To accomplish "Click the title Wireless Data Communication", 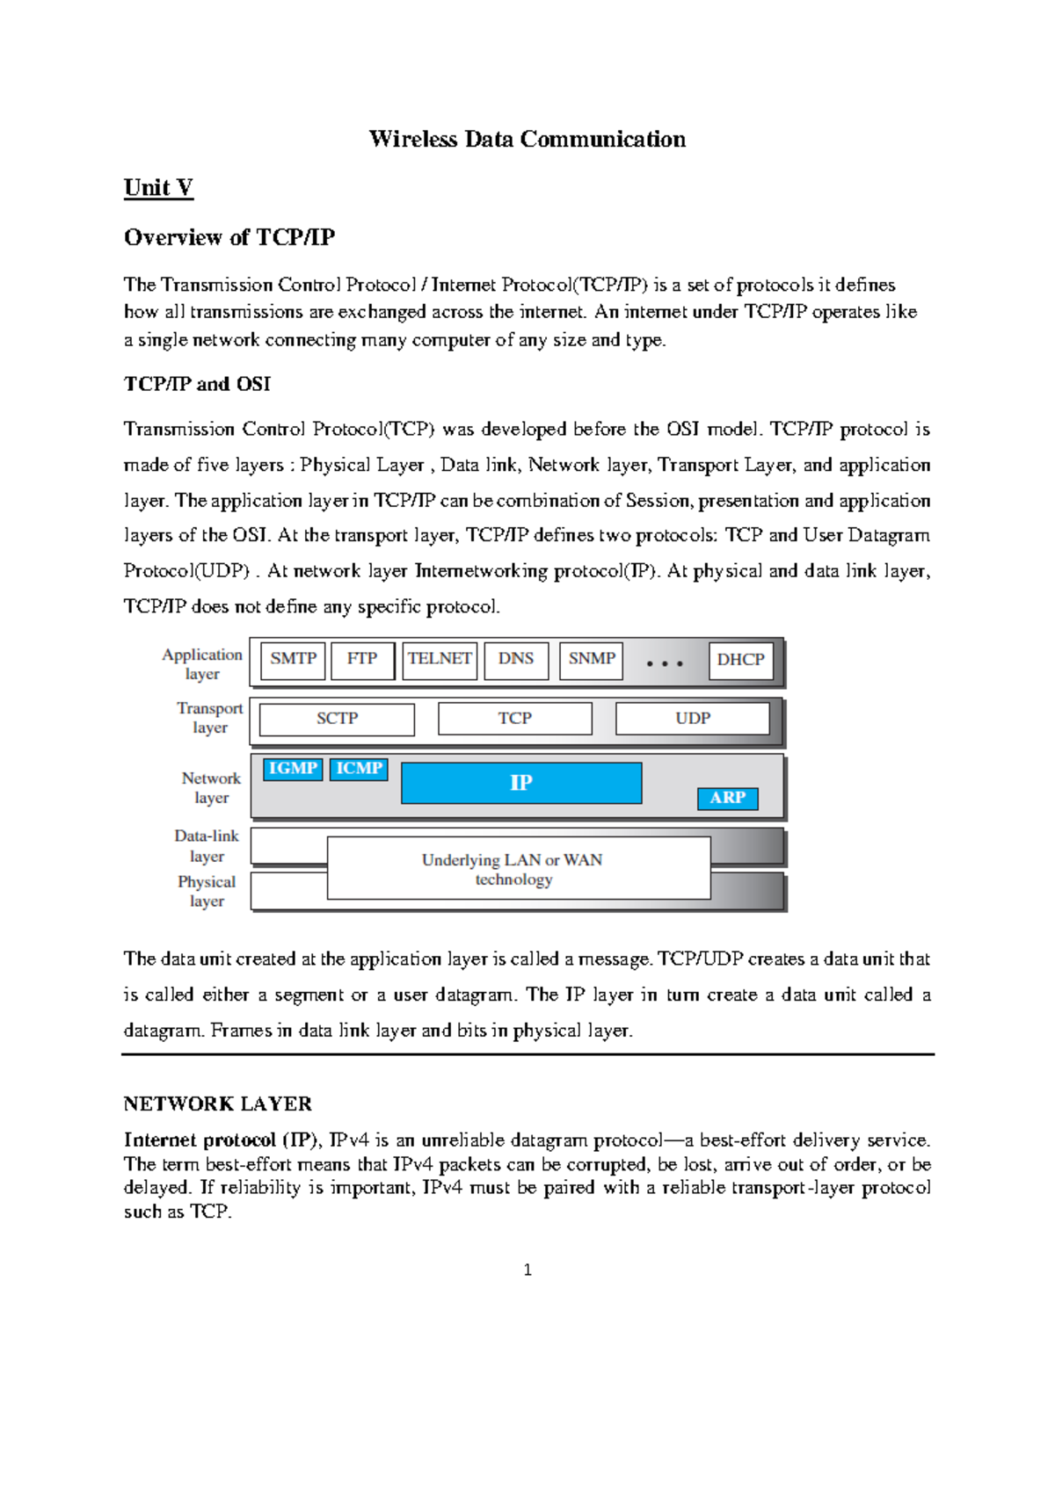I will [527, 139].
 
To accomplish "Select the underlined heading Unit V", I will [158, 187].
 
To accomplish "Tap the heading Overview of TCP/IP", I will [229, 237].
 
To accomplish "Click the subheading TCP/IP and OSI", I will [197, 384].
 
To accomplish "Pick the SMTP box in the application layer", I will [293, 660].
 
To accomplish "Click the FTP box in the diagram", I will [361, 660].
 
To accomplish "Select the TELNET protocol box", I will [439, 660].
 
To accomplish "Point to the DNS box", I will [516, 660].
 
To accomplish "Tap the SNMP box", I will [591, 660].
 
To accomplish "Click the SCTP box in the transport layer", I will [337, 719].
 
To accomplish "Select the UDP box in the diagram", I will [693, 719].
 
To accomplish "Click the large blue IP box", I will [521, 782].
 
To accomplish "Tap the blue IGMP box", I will [293, 769].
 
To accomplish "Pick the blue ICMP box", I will [359, 769].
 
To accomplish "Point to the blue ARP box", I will [727, 798].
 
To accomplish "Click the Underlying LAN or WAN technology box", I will [519, 869].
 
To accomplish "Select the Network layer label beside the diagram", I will [211, 787].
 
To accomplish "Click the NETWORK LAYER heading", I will [217, 1104].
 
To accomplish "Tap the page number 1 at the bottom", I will [527, 1270].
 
